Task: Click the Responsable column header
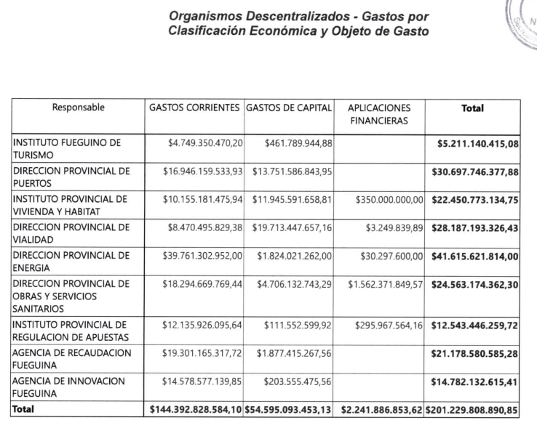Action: click(x=78, y=108)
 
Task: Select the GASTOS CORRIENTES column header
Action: click(x=194, y=108)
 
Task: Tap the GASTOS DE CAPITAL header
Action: click(x=289, y=108)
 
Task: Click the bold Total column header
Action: click(x=473, y=108)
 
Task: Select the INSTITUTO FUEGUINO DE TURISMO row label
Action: click(x=67, y=150)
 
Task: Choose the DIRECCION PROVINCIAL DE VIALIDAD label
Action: click(x=71, y=234)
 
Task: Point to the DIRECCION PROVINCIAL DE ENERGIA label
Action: click(x=71, y=262)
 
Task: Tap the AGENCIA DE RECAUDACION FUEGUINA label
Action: click(x=73, y=359)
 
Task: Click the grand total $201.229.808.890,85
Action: click(x=472, y=411)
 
